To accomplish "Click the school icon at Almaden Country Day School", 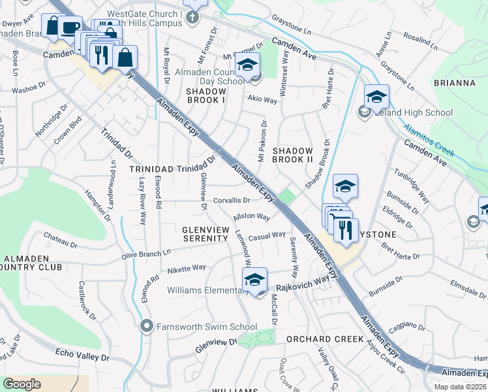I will pos(247,66).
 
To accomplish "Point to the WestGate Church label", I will pos(140,14).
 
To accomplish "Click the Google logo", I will pos(22,384).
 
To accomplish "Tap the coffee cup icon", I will pos(70,27).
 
